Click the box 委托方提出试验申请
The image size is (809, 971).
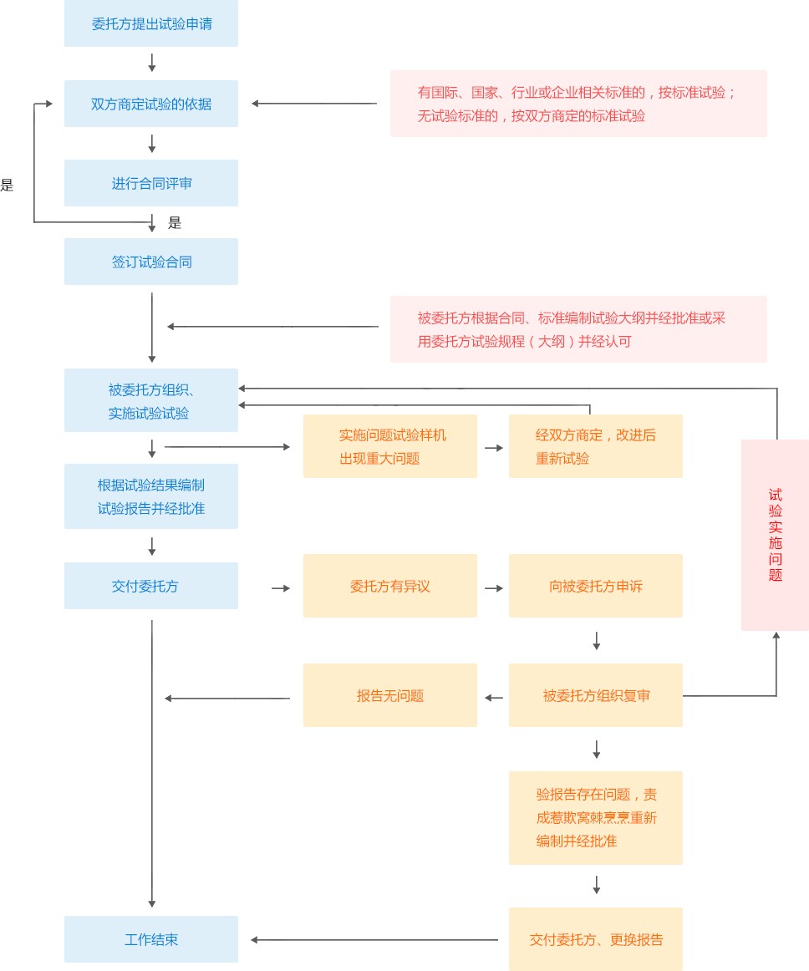pos(151,24)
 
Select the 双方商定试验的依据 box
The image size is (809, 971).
pos(151,104)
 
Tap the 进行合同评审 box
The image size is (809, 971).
pos(151,183)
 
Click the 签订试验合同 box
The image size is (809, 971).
pos(151,262)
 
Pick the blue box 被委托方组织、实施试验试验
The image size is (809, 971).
pos(151,400)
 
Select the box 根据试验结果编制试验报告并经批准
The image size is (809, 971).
pos(151,496)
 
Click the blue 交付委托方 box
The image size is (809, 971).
pos(151,586)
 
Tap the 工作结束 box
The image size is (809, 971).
pos(151,939)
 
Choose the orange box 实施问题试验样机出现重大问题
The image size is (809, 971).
pos(390,446)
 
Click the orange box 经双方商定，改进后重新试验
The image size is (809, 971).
pos(596,446)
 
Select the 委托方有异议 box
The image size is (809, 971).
pos(390,586)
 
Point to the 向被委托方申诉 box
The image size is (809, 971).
pos(596,586)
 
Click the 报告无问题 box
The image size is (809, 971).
pos(390,695)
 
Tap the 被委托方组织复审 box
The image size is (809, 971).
pos(596,695)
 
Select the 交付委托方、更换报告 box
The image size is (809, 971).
pos(596,939)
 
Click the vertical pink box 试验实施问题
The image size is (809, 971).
pos(775,535)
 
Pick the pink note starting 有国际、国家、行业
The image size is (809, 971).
pos(578,104)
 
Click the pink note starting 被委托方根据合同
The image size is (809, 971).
pos(578,329)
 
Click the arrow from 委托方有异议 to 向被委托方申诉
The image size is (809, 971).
pos(493,588)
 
